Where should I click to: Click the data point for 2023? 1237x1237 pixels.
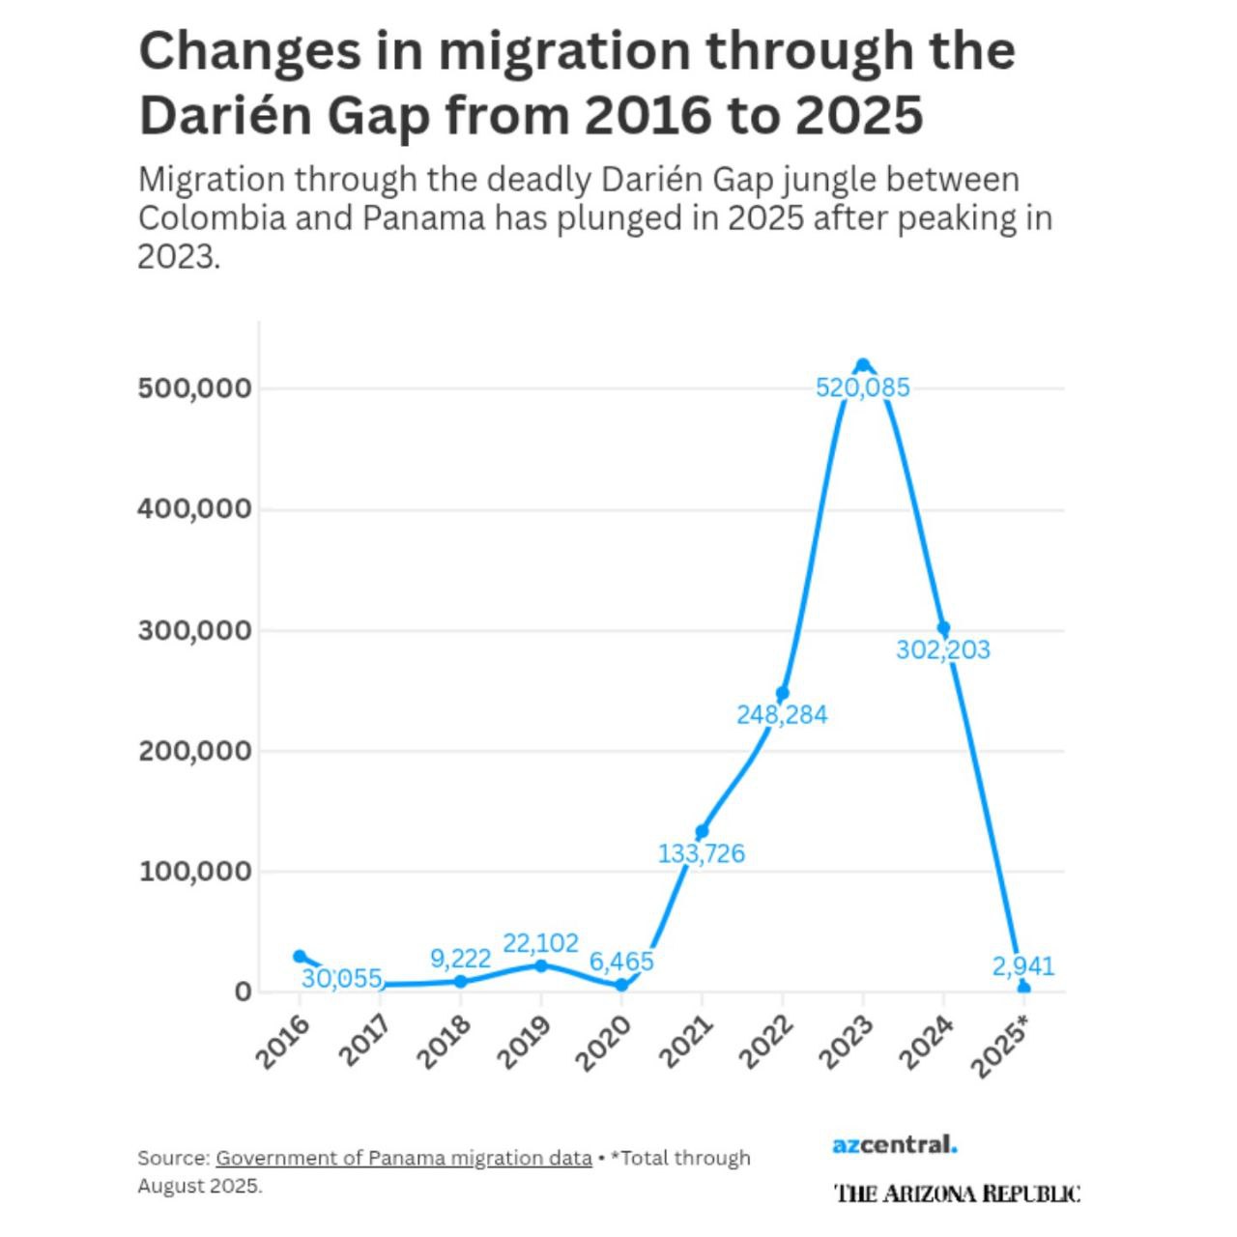click(x=863, y=365)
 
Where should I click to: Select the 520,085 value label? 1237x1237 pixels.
click(x=863, y=388)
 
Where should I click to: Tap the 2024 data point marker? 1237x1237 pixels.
click(x=943, y=628)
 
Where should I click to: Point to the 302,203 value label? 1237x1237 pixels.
click(x=943, y=650)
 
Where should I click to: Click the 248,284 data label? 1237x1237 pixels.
click(x=782, y=715)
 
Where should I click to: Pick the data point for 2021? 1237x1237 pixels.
click(x=702, y=831)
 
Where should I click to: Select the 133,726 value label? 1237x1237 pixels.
click(x=702, y=854)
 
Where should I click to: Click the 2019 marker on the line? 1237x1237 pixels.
click(x=541, y=965)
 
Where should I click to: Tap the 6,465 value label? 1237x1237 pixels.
click(x=621, y=962)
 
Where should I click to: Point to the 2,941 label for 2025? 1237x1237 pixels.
click(x=1023, y=966)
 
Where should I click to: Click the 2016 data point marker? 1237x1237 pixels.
click(x=300, y=956)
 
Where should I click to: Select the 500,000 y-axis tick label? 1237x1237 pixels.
click(x=194, y=388)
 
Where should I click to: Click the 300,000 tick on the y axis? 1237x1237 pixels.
click(x=194, y=630)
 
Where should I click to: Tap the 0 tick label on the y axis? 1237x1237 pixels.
click(x=242, y=992)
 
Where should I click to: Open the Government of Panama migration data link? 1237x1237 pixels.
click(x=403, y=1158)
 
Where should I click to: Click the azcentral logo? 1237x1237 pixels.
click(x=895, y=1145)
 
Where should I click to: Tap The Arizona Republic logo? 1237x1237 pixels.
click(x=957, y=1194)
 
